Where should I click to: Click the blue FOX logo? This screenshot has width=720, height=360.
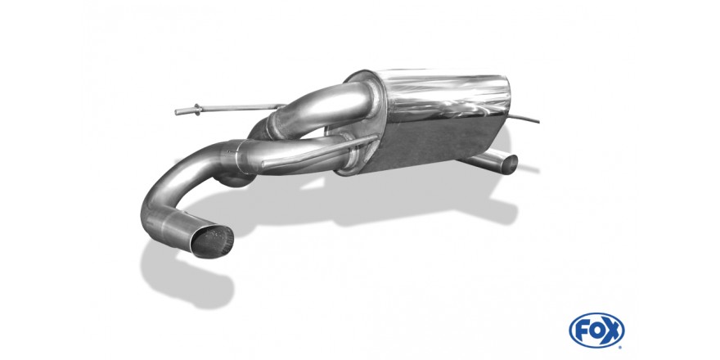(x=596, y=331)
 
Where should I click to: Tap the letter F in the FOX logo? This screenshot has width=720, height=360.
(x=583, y=331)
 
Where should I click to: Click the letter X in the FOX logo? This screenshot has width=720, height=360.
(x=610, y=331)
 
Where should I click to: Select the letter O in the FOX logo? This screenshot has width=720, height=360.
(x=596, y=331)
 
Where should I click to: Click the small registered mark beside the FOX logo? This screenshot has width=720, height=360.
(x=621, y=347)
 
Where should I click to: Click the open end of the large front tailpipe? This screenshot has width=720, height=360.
(x=212, y=241)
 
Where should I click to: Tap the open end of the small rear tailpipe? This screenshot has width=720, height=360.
(x=510, y=164)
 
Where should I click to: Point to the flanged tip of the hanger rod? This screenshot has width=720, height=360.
(x=196, y=110)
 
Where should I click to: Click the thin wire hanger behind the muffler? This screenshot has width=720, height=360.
(x=524, y=119)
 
